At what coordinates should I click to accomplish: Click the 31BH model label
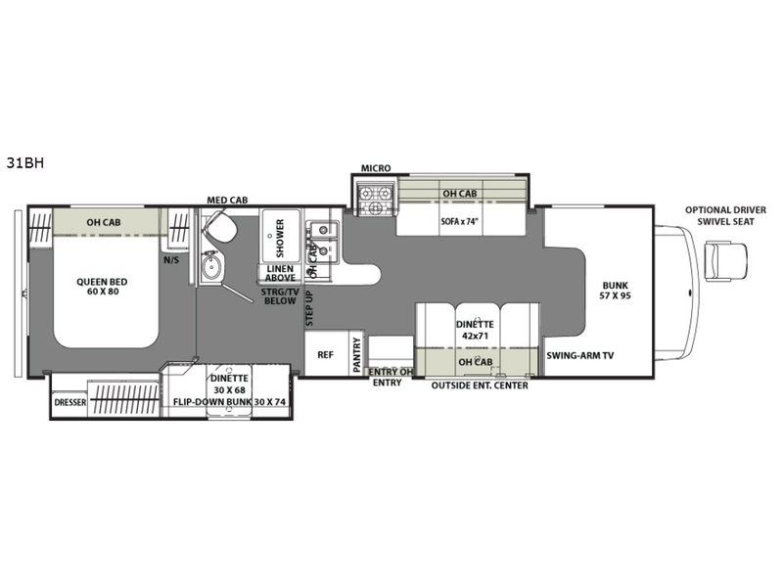pos(25,163)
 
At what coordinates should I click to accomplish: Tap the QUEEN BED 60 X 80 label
pos(102,287)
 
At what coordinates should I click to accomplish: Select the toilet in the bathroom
pos(219,227)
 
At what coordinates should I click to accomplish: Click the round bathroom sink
pos(211,266)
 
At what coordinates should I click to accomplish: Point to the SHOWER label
pos(280,238)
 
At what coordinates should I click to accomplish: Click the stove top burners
pos(375,199)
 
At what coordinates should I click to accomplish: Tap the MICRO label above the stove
pos(376,168)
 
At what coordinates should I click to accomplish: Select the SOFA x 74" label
pos(459,221)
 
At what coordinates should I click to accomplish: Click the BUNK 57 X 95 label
pos(616,291)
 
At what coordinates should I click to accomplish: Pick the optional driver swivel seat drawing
pos(725,260)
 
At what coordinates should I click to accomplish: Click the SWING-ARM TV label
pos(579,356)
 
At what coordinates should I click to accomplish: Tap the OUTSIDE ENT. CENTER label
pos(480,385)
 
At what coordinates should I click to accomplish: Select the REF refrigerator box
pos(326,354)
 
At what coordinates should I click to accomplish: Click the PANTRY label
pos(356,354)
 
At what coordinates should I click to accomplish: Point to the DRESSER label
pos(69,402)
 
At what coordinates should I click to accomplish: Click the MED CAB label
pos(227,201)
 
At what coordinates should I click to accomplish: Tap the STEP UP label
pos(309,308)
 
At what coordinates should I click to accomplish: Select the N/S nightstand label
pos(171,260)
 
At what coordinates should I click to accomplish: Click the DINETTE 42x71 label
pos(475,330)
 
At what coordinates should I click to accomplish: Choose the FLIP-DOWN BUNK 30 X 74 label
pos(232,401)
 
